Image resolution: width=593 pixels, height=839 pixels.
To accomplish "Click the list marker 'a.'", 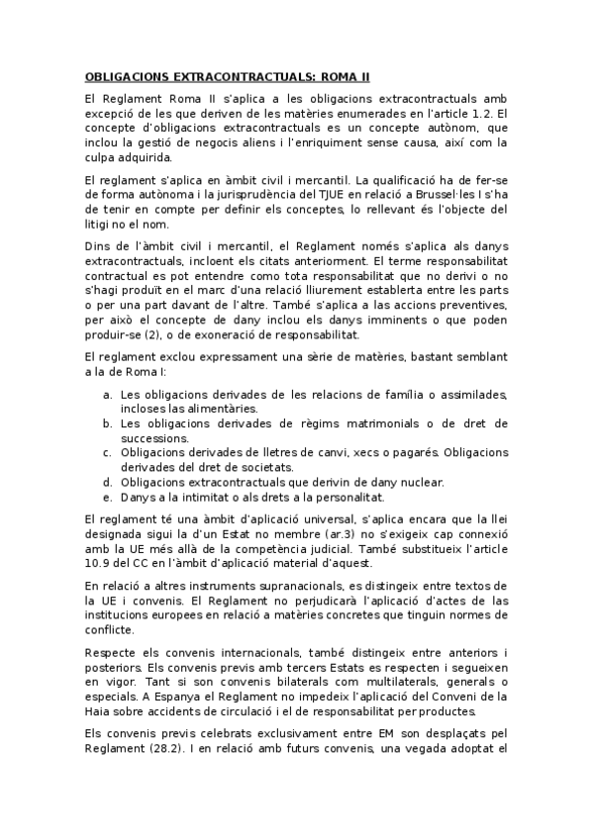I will pos(107,395).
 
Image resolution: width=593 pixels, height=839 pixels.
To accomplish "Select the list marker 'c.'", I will pos(107,452).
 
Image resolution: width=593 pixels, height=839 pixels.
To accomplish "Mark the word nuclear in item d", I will pos(420,482).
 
